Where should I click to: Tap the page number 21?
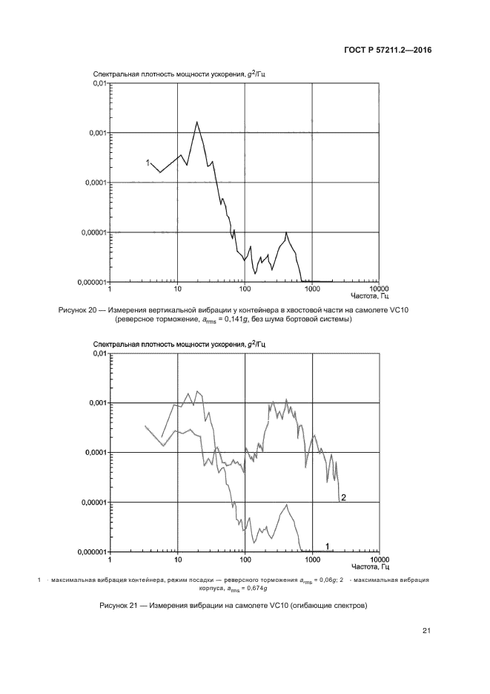pyautogui.click(x=427, y=632)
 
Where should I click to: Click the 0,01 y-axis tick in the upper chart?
pyautogui.click(x=99, y=83)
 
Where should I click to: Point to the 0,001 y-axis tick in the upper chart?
pyautogui.click(x=97, y=133)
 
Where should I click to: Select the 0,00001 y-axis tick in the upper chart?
pyautogui.click(x=93, y=232)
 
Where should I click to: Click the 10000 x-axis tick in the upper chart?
pyautogui.click(x=379, y=288)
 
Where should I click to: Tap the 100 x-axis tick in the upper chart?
pyautogui.click(x=245, y=288)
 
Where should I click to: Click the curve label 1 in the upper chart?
pyautogui.click(x=148, y=163)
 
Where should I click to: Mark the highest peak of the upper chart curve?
pyautogui.click(x=196, y=122)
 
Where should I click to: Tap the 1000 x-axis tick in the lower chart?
pyautogui.click(x=312, y=558)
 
